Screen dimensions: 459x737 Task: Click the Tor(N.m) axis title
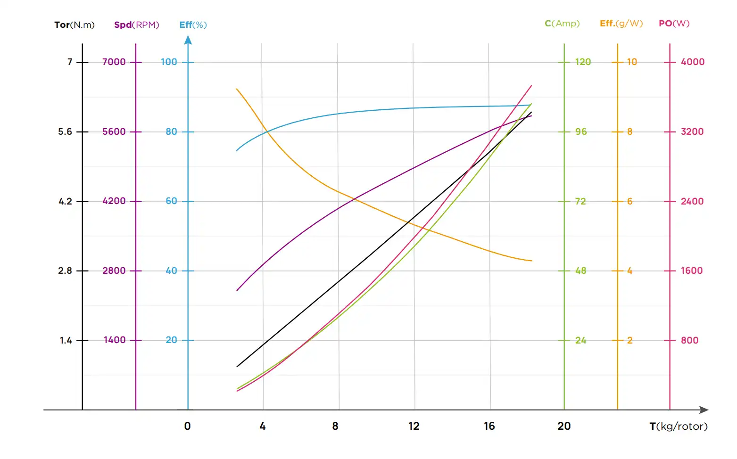pyautogui.click(x=75, y=25)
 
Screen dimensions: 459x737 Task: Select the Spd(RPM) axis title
pyautogui.click(x=136, y=25)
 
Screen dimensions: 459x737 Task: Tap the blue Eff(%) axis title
pyautogui.click(x=193, y=25)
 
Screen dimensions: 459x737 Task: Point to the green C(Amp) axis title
pyautogui.click(x=562, y=23)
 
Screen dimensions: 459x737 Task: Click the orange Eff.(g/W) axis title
pyautogui.click(x=621, y=23)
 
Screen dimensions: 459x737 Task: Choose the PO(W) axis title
pyautogui.click(x=674, y=23)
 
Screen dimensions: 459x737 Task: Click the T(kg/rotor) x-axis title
pyautogui.click(x=678, y=426)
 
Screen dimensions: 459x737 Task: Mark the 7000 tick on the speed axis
pyautogui.click(x=114, y=62)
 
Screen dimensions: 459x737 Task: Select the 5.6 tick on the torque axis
pyautogui.click(x=65, y=131)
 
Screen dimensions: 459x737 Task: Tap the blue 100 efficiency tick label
pyautogui.click(x=169, y=62)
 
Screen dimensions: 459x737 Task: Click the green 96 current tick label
pyautogui.click(x=581, y=131)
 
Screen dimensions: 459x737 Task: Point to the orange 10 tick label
pyautogui.click(x=632, y=62)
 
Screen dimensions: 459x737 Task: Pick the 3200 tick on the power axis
pyautogui.click(x=692, y=131)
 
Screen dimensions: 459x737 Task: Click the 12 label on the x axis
pyautogui.click(x=414, y=426)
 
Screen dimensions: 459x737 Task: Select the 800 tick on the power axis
pyautogui.click(x=689, y=340)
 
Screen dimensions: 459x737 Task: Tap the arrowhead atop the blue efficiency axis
pyautogui.click(x=188, y=41)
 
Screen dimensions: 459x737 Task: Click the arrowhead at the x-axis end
pyautogui.click(x=704, y=410)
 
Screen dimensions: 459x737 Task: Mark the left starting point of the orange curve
pyautogui.click(x=236, y=89)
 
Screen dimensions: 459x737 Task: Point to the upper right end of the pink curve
pyautogui.click(x=531, y=86)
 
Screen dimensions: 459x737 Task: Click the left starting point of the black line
pyautogui.click(x=237, y=366)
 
